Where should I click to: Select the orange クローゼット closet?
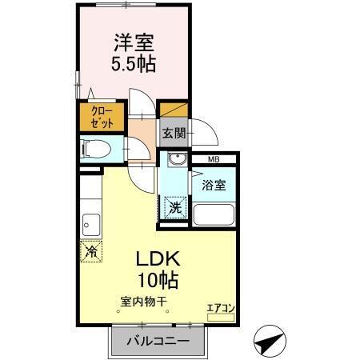click(x=101, y=118)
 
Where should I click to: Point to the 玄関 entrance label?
click(x=174, y=133)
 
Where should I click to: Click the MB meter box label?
click(x=214, y=160)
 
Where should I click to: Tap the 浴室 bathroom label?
click(x=214, y=185)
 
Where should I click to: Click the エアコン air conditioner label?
click(x=220, y=306)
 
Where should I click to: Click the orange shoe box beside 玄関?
click(x=174, y=109)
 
